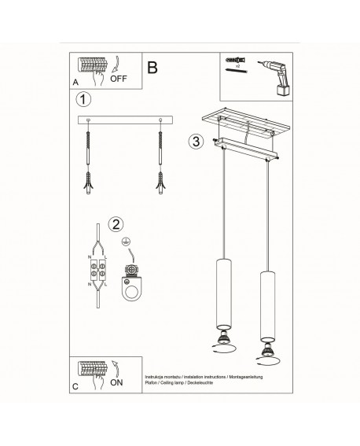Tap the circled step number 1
(83, 100)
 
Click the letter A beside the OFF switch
(75, 81)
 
